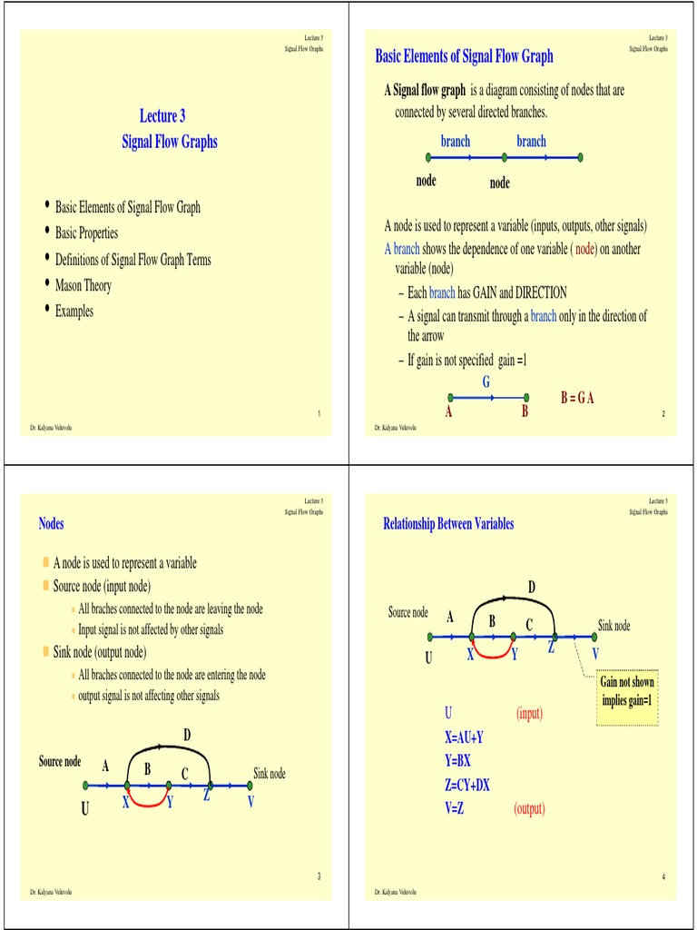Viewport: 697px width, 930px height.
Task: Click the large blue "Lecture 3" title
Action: point(162,115)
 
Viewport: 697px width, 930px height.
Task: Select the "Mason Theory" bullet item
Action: point(83,285)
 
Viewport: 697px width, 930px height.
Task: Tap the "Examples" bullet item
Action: point(74,312)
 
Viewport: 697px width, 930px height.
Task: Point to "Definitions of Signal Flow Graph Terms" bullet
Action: point(133,260)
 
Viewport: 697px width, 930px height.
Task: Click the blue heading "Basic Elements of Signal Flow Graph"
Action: point(464,56)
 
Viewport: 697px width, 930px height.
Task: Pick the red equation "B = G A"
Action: point(577,399)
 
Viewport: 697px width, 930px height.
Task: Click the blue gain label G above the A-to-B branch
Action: point(486,382)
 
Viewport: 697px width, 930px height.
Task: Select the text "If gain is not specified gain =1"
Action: point(467,361)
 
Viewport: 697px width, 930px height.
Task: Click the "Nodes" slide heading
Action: point(52,523)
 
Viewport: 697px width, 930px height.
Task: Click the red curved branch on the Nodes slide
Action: point(149,804)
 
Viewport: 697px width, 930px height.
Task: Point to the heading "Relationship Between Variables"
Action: point(448,523)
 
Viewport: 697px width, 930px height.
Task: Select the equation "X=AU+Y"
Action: point(465,737)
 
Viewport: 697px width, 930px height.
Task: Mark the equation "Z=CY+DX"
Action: point(467,785)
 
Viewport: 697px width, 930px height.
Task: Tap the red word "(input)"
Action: point(529,714)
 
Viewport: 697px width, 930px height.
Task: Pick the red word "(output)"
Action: point(529,808)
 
